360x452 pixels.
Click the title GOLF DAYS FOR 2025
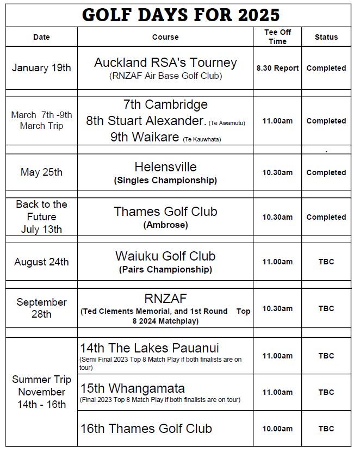point(181,15)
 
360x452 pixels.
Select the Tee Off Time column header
point(277,37)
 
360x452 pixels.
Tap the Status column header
point(326,37)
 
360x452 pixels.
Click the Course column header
point(165,37)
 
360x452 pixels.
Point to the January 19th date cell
point(41,68)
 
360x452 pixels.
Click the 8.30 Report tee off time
point(277,68)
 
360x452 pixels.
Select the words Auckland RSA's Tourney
point(165,63)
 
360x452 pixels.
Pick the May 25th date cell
point(41,172)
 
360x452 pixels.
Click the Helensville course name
point(165,167)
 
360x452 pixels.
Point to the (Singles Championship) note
point(165,180)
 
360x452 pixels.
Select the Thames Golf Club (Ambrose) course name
point(165,212)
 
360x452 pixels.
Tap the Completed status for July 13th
point(326,217)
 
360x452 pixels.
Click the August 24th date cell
point(41,262)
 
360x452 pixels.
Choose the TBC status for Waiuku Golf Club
point(326,262)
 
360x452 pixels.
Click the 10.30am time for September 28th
point(277,308)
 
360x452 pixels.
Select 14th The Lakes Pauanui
point(150,348)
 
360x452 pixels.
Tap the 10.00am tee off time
point(277,429)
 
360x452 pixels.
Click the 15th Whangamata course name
point(133,388)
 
